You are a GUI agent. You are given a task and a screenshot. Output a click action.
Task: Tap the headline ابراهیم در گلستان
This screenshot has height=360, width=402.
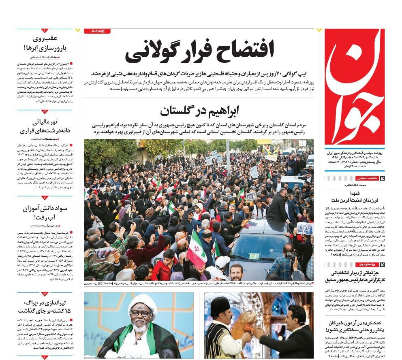click(199, 110)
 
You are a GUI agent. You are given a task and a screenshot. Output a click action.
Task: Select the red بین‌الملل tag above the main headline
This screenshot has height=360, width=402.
click(97, 31)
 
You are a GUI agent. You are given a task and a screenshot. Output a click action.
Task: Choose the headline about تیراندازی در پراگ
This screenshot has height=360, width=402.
click(45, 307)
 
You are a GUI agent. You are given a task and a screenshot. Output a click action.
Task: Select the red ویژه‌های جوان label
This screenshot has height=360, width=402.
click(367, 264)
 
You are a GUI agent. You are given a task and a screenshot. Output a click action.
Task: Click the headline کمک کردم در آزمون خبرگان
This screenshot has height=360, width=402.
click(354, 326)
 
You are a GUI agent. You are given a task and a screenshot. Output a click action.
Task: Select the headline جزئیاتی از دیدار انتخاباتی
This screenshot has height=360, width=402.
click(354, 276)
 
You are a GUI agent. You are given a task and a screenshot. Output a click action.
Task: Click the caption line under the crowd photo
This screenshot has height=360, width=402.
click(199, 284)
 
